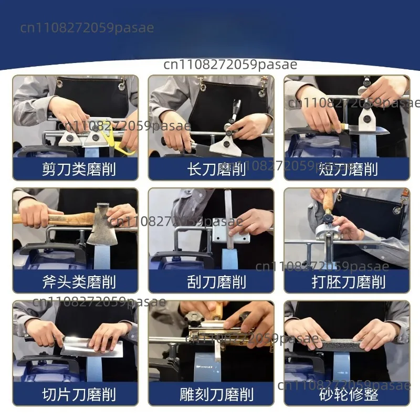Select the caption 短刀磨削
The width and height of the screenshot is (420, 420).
(x=348, y=169)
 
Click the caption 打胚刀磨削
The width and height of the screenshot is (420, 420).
(x=348, y=282)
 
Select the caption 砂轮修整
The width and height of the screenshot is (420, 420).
(x=348, y=394)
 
